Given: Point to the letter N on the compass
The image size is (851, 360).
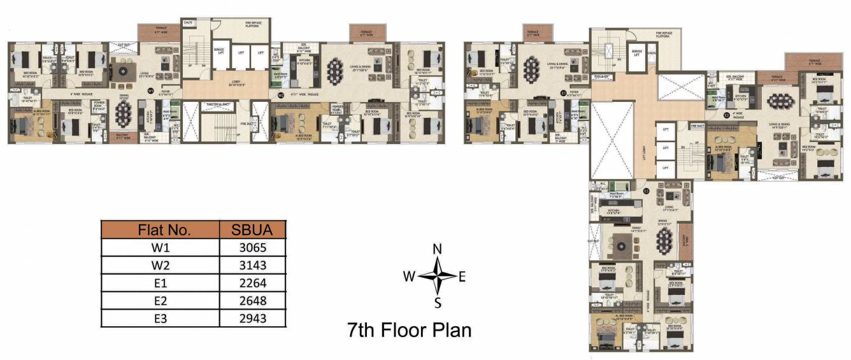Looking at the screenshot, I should click(x=437, y=248).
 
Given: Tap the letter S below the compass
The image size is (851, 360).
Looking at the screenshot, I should click(x=438, y=303).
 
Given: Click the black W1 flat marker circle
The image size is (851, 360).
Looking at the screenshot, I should click(x=151, y=91).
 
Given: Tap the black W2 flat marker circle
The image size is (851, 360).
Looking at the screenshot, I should click(x=281, y=95).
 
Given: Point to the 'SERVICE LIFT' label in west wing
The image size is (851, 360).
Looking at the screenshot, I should click(x=218, y=50).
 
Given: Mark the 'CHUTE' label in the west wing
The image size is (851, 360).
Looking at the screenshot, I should click(x=188, y=23).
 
